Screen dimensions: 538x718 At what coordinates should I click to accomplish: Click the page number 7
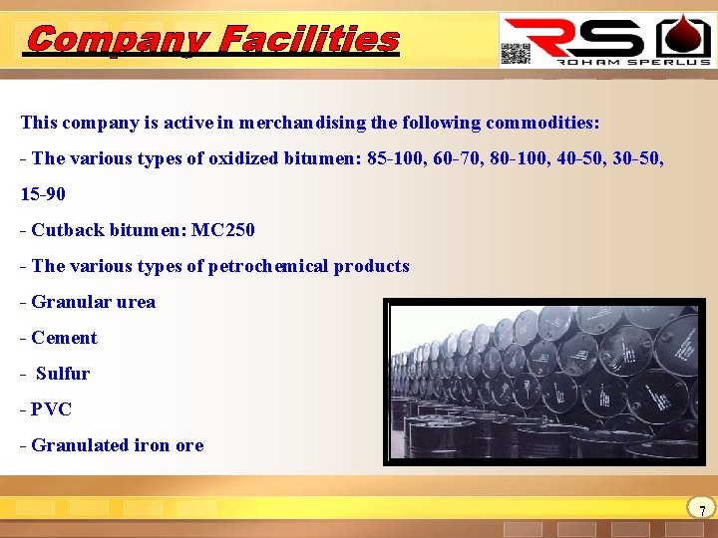[x=702, y=510]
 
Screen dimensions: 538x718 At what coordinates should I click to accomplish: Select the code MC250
[x=223, y=230]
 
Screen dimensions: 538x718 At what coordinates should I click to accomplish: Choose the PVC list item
[x=51, y=409]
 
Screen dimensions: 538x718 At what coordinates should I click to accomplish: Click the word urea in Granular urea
[x=135, y=302]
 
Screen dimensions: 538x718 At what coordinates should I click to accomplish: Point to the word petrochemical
[x=270, y=266]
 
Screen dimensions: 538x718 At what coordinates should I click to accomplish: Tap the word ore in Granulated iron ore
[x=188, y=445]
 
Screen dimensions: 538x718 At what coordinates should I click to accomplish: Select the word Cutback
[x=65, y=230]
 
